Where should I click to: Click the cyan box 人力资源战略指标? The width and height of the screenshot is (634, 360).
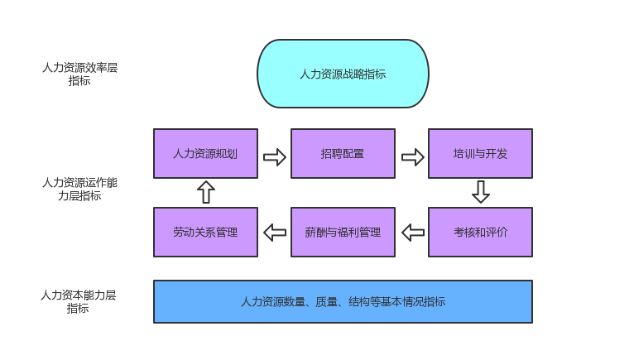coord(343,74)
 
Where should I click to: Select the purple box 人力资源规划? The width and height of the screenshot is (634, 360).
coord(205,153)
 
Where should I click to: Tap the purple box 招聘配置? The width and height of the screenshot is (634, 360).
coord(343,153)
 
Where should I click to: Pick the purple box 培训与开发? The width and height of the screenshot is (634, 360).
coord(480,153)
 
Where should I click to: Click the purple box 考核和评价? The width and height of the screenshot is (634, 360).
coord(480,232)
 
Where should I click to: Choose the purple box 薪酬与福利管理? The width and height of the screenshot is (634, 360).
coord(343,232)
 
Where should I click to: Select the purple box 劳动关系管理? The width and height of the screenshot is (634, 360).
coord(205,232)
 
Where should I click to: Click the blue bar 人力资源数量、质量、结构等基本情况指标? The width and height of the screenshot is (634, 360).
coord(343,301)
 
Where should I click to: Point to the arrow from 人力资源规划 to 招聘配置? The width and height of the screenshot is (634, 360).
coord(274,156)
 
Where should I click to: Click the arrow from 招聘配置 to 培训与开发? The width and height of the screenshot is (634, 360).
coord(412,156)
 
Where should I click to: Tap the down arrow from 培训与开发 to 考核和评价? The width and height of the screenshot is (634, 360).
coord(481,192)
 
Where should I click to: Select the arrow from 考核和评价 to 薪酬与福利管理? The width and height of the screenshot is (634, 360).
coord(412,232)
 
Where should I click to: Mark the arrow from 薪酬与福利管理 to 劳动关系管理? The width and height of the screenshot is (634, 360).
coord(274,232)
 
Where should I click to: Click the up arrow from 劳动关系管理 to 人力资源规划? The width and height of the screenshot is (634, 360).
coord(206,192)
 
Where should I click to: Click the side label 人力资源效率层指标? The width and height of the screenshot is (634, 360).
coord(79,74)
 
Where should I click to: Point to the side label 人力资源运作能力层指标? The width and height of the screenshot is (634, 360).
coord(79,189)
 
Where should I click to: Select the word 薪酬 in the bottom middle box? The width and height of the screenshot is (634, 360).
coord(315,232)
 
